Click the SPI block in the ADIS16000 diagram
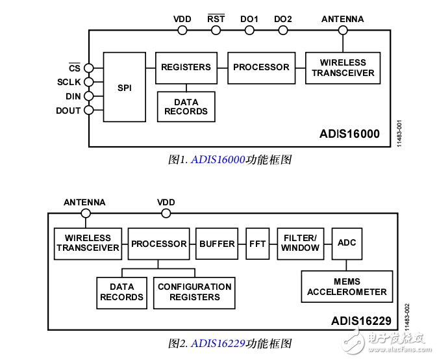click(124, 87)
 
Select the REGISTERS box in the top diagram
click(186, 68)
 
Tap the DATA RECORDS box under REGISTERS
click(186, 107)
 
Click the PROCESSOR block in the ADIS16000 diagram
click(261, 68)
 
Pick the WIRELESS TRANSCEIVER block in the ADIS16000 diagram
click(343, 68)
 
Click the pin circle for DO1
click(249, 30)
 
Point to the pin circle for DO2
click(283, 30)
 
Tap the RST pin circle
click(216, 30)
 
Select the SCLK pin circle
click(89, 82)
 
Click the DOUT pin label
click(68, 110)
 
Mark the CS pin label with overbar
click(75, 68)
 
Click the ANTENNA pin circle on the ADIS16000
click(343, 30)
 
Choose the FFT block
click(258, 244)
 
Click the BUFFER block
click(217, 244)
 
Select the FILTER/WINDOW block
click(300, 244)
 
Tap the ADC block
click(347, 243)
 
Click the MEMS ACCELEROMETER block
click(347, 287)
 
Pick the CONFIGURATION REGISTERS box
click(195, 292)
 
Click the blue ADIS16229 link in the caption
click(218, 343)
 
